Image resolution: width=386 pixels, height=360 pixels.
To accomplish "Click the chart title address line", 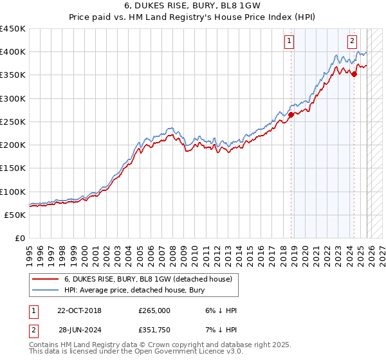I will coord(192,6).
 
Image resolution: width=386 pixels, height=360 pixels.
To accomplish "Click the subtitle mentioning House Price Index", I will coord(192,17).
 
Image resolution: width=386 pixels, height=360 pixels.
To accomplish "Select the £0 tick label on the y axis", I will coord(19,239).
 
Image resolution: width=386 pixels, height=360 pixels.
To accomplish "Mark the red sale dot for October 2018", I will coord(291,115).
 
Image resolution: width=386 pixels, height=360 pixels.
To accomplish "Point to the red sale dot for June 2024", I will coord(354,75).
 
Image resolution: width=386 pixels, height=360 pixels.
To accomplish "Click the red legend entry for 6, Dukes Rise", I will coord(152,279).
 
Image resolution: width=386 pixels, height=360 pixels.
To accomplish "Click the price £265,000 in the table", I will coord(154,310).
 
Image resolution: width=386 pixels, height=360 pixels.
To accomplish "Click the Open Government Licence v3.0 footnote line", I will coord(136,352).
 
